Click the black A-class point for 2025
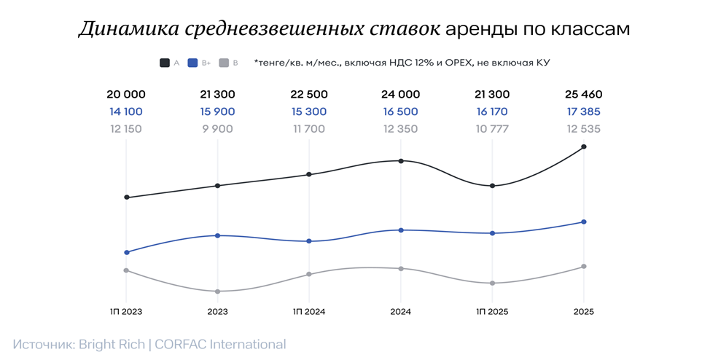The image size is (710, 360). pyautogui.click(x=583, y=146)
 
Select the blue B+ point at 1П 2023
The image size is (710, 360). pyautogui.click(x=127, y=252)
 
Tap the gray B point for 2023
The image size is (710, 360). pyautogui.click(x=218, y=291)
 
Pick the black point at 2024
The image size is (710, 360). pyautogui.click(x=400, y=160)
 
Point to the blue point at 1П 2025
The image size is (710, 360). pyautogui.click(x=492, y=233)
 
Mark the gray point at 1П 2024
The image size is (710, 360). pyautogui.click(x=309, y=274)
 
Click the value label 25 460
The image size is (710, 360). pyautogui.click(x=583, y=95)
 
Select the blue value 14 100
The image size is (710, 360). pyautogui.click(x=126, y=112)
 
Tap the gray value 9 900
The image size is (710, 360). pyautogui.click(x=217, y=129)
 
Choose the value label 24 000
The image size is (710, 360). pyautogui.click(x=400, y=95)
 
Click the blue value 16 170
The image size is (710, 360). pyautogui.click(x=492, y=112)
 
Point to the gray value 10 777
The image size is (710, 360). pyautogui.click(x=492, y=129)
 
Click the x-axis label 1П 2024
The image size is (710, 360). pyautogui.click(x=309, y=311)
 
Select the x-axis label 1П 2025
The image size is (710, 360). pyautogui.click(x=492, y=311)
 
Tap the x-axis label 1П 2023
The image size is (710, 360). pyautogui.click(x=126, y=311)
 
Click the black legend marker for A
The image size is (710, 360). pyautogui.click(x=165, y=63)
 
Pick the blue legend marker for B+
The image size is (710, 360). pyautogui.click(x=192, y=63)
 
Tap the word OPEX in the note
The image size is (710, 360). pyautogui.click(x=454, y=63)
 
